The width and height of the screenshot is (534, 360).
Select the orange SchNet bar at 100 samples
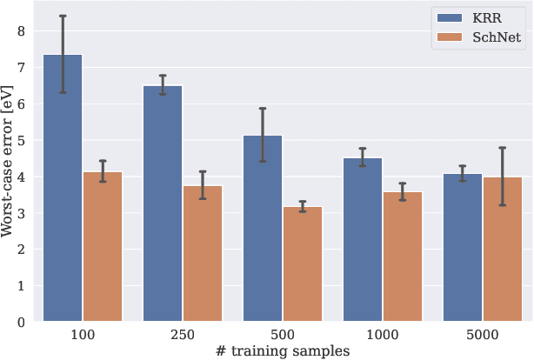(103, 247)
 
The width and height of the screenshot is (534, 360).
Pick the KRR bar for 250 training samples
(163, 203)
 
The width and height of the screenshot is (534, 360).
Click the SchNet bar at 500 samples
(303, 264)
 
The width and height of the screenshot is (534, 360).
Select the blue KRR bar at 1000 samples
(363, 240)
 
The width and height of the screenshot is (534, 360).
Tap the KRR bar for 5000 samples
(463, 248)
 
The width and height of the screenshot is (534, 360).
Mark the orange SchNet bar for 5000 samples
(503, 250)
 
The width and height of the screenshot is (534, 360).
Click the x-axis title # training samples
(283, 350)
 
